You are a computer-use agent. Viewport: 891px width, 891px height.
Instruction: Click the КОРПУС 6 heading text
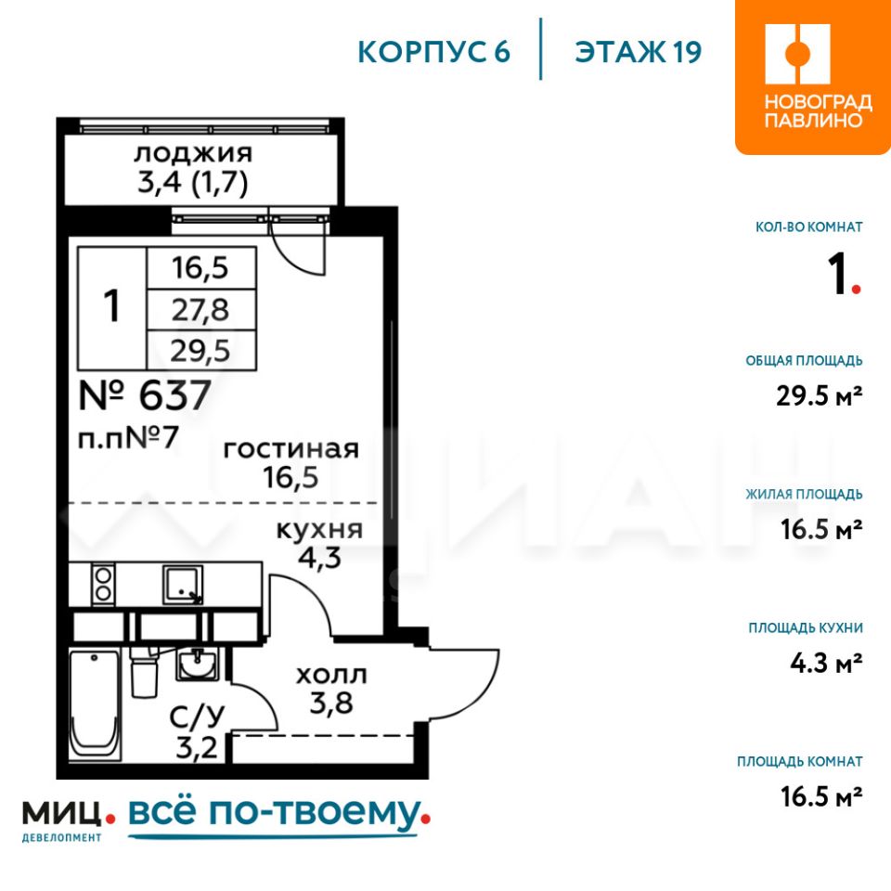pyautogui.click(x=434, y=52)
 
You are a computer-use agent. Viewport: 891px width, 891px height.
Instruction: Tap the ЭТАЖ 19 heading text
pyautogui.click(x=639, y=52)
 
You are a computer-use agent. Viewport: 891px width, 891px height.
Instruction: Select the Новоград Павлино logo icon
pyautogui.click(x=797, y=54)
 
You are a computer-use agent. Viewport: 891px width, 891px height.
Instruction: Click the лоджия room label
pyautogui.click(x=193, y=153)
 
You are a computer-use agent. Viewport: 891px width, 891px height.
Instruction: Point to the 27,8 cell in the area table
pyautogui.click(x=200, y=310)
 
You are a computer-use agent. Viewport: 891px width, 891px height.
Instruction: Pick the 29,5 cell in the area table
pyautogui.click(x=200, y=351)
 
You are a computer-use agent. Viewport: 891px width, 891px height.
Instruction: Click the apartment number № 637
pyautogui.click(x=145, y=395)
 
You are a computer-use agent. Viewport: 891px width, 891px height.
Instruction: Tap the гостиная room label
pyautogui.click(x=291, y=449)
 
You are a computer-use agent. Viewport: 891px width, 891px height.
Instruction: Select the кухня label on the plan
pyautogui.click(x=319, y=530)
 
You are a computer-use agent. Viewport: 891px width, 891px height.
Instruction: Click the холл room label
pyautogui.click(x=332, y=675)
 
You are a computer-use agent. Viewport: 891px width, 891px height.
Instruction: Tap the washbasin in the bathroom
pyautogui.click(x=197, y=665)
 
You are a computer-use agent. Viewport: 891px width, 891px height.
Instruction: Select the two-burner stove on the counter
pyautogui.click(x=103, y=584)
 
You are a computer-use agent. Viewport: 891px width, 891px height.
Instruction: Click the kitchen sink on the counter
pyautogui.click(x=183, y=584)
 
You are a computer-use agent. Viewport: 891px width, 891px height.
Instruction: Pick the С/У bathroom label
pyautogui.click(x=197, y=717)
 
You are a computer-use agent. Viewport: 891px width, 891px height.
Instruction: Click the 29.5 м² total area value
pyautogui.click(x=820, y=395)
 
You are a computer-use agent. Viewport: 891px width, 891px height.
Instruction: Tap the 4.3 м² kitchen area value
pyautogui.click(x=826, y=663)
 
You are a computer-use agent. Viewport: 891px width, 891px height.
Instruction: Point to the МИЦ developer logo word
pyautogui.click(x=62, y=813)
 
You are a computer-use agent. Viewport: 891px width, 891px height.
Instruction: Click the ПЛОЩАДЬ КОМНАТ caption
pyautogui.click(x=799, y=761)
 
